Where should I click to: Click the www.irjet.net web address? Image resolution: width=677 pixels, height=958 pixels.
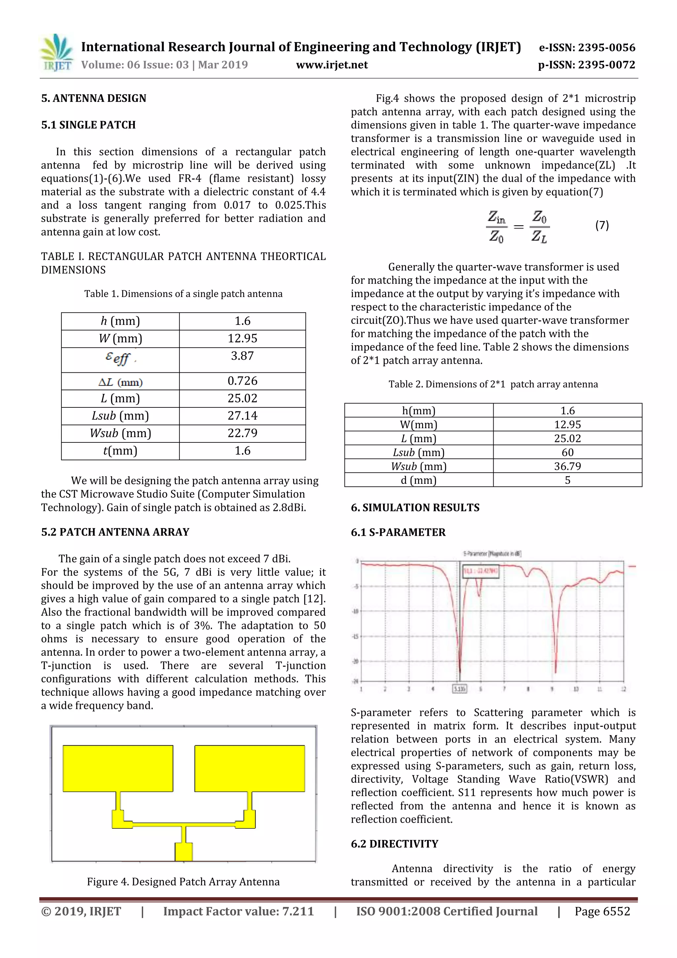point(332,65)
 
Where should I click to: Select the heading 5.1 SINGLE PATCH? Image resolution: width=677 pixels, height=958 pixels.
point(89,125)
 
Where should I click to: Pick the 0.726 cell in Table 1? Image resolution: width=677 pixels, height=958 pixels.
point(242,381)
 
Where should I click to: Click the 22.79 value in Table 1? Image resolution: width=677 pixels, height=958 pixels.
point(242,433)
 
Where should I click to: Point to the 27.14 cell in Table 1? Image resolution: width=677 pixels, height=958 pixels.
point(242,416)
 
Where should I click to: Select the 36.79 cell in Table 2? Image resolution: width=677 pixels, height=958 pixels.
point(567,466)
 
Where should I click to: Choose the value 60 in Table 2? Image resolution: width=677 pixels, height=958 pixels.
point(567,452)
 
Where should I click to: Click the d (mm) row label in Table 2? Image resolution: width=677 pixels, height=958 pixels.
point(418,480)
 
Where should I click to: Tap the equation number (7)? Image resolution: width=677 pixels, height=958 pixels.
point(602,226)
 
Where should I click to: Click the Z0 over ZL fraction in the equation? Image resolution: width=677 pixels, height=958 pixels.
point(539,227)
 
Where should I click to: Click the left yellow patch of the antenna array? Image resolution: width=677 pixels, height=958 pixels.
point(118,768)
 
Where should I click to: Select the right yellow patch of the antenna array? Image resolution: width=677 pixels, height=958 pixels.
point(250,768)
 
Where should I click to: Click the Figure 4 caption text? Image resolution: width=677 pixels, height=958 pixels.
point(183,882)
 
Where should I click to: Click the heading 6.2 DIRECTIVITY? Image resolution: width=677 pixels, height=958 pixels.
point(394,844)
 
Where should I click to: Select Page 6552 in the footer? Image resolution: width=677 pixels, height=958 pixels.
point(602,911)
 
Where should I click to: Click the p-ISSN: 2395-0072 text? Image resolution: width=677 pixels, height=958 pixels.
point(586,65)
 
